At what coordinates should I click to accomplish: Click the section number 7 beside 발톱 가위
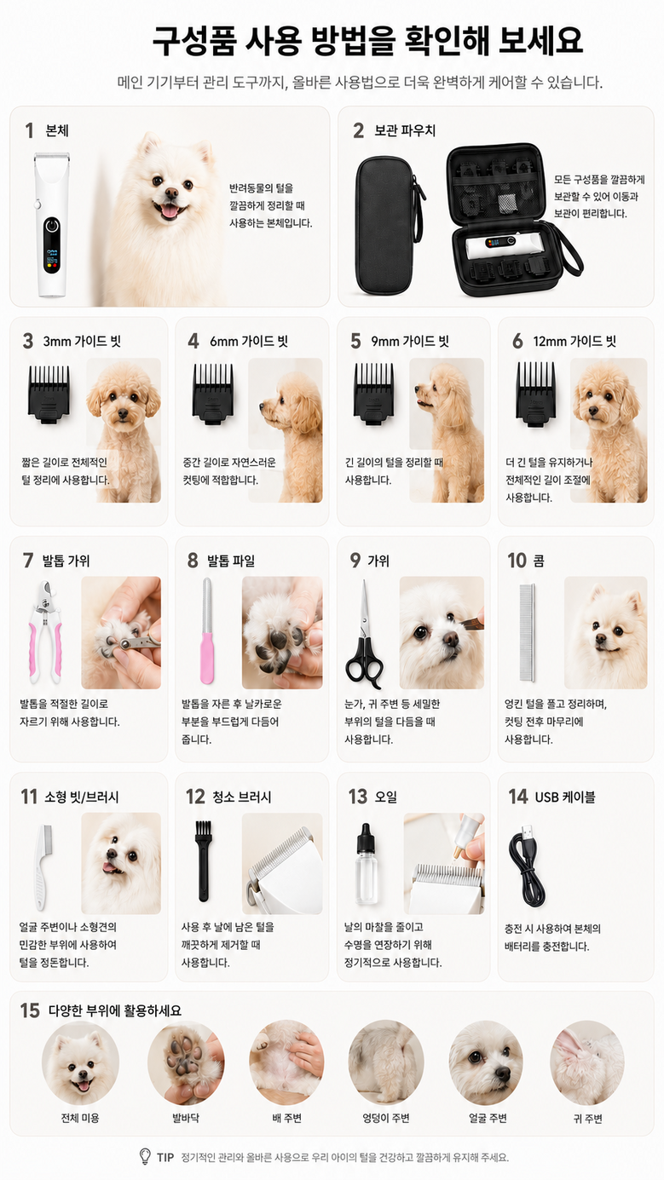28,561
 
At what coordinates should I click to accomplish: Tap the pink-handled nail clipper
46,631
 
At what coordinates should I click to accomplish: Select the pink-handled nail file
207,630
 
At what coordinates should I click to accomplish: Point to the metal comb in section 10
527,632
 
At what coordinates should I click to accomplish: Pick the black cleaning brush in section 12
204,861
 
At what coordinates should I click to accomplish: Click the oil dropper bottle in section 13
366,864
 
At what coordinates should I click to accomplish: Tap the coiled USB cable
527,866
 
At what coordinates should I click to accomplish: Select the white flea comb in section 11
42,866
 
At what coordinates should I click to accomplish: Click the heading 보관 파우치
405,130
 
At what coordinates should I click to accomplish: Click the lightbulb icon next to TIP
145,1156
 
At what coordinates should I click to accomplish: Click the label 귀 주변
588,1118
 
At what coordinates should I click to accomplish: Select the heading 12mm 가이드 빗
575,342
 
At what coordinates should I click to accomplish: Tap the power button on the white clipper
52,226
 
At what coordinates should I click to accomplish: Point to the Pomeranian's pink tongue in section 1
170,212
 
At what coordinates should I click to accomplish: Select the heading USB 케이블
565,797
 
